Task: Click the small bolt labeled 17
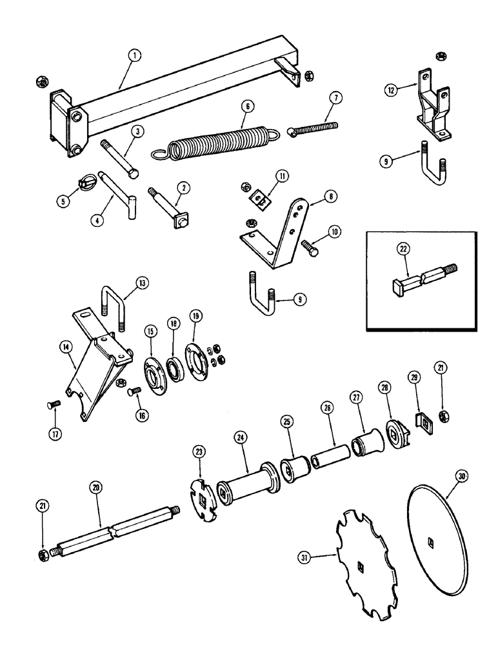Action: (x=54, y=407)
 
